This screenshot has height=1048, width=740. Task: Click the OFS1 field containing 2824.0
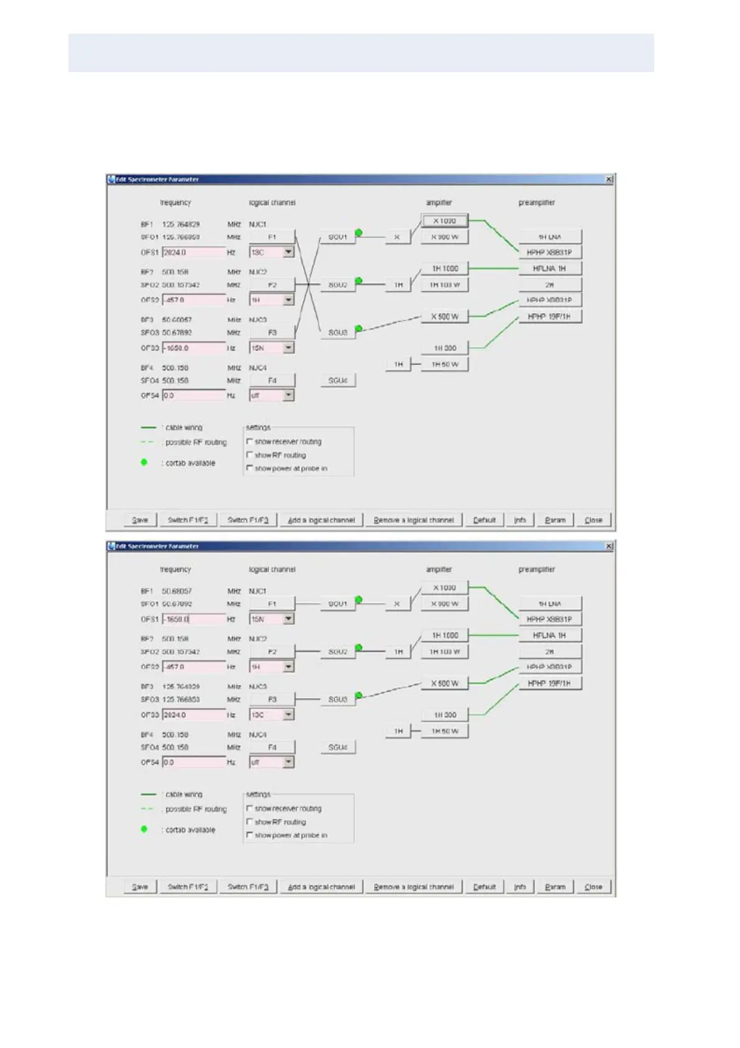(193, 253)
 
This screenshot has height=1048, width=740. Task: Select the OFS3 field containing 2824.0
(193, 715)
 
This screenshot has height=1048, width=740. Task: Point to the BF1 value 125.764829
(181, 224)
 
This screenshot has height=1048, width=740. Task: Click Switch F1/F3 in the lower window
(247, 887)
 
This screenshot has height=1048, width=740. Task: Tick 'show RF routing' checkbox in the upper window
(250, 455)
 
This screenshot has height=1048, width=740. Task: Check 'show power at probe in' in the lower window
(250, 835)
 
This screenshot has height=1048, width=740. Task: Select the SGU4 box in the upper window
(338, 380)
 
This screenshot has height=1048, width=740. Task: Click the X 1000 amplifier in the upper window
(444, 221)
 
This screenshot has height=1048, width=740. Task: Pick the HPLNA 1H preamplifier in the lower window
(550, 635)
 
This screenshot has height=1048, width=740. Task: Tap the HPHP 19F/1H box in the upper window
(550, 317)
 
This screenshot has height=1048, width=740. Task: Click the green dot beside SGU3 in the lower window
(359, 695)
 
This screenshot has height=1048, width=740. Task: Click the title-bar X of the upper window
(609, 179)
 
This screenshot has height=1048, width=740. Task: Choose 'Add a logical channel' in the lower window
(321, 887)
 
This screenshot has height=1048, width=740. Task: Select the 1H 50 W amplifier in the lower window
(445, 731)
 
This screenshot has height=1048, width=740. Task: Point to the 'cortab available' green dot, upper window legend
(144, 462)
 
